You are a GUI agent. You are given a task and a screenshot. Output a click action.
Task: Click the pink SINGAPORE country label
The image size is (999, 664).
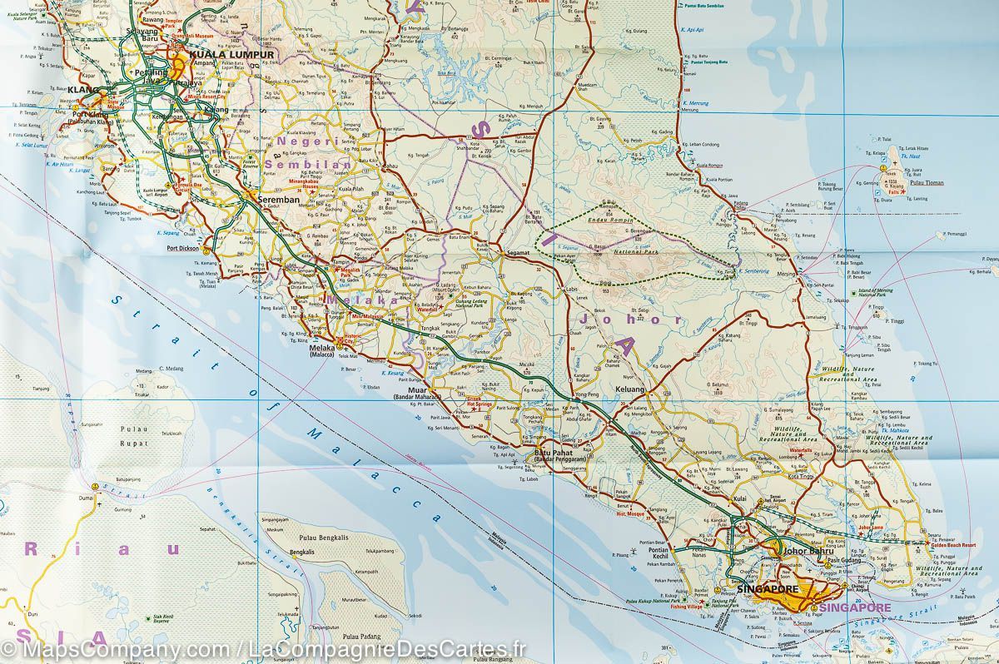click(x=854, y=607)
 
